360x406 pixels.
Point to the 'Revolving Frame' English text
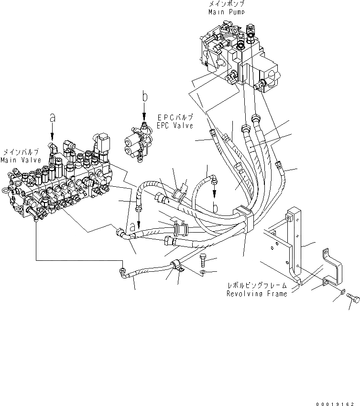point(257,294)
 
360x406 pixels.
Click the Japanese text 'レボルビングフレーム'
point(257,286)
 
